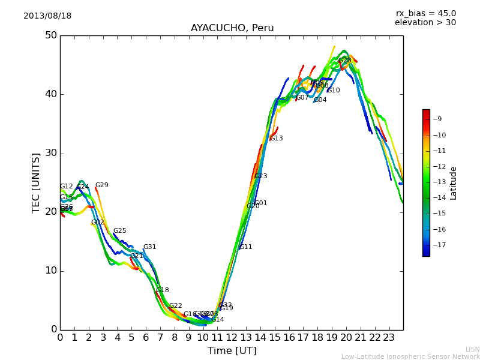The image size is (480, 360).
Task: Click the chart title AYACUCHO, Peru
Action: coord(232,28)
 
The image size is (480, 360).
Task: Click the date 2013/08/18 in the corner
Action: coord(47,16)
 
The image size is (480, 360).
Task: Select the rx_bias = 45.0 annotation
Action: coord(425,13)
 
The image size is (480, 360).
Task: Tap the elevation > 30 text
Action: coord(425,23)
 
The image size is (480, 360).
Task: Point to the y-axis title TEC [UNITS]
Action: coord(37,182)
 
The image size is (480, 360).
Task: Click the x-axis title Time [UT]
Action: coord(232,351)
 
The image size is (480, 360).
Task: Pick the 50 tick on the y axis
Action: coord(50,35)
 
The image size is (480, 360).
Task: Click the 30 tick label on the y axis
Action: coord(50,153)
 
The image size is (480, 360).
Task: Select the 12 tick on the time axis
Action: coord(232,338)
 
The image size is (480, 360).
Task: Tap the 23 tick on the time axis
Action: coord(389,338)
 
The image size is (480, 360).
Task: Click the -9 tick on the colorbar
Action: coord(439,119)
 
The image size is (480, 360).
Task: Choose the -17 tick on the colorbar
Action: coord(439,245)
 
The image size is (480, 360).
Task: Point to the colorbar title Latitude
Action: coord(454,183)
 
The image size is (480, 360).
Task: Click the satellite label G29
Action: coord(102,185)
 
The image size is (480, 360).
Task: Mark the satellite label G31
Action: coord(149,247)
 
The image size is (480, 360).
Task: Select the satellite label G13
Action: coord(276,139)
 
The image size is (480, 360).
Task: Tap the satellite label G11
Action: coord(245,247)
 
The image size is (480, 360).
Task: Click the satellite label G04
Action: coord(320,100)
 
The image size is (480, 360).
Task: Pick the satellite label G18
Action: coord(163,290)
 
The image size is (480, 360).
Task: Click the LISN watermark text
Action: coord(472,349)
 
